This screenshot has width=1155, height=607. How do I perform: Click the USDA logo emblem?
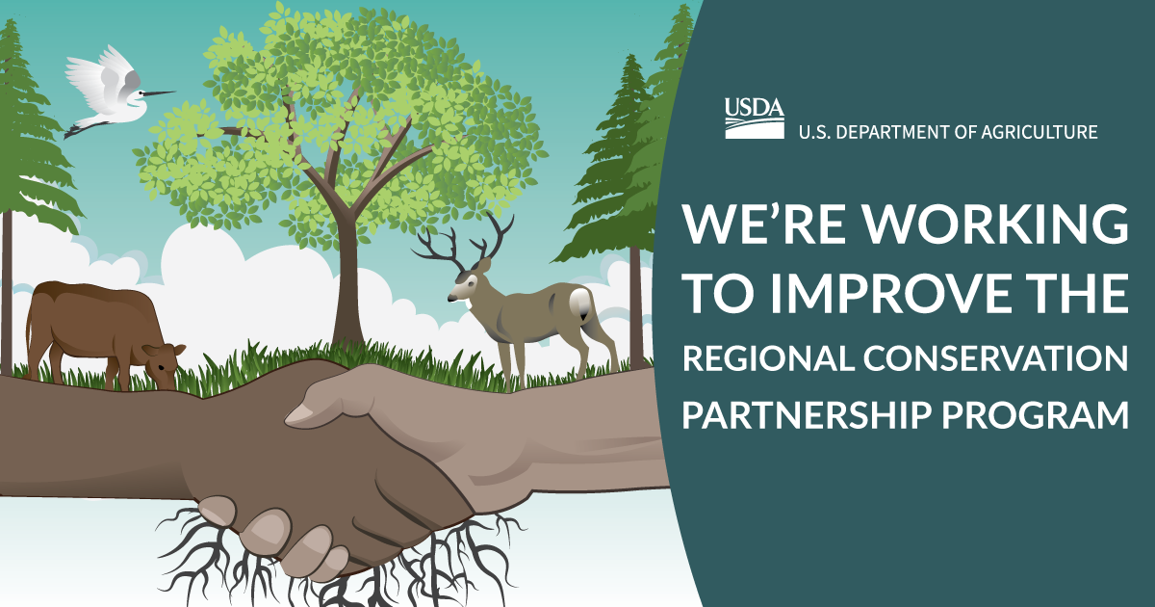(755, 119)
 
